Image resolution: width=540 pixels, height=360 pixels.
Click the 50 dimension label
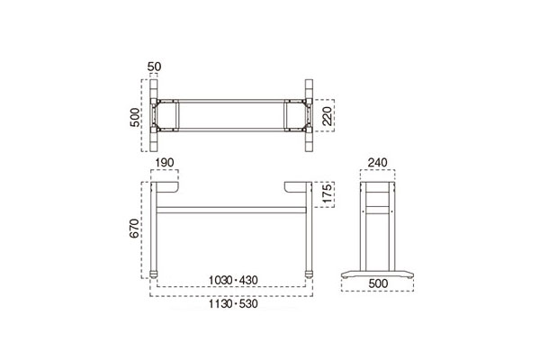point(154,67)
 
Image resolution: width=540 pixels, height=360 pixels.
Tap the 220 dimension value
point(328,116)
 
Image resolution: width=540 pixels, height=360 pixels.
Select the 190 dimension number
point(165,162)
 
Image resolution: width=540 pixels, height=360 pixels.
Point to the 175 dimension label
point(328,193)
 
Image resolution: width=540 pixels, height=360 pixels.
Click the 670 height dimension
point(134,228)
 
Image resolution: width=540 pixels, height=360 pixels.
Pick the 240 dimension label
point(377,162)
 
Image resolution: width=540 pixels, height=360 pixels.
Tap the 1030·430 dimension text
point(233,281)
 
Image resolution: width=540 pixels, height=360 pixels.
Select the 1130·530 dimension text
point(233,304)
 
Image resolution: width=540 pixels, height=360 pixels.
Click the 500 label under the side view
point(378,283)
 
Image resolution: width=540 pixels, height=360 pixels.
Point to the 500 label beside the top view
point(135,118)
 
